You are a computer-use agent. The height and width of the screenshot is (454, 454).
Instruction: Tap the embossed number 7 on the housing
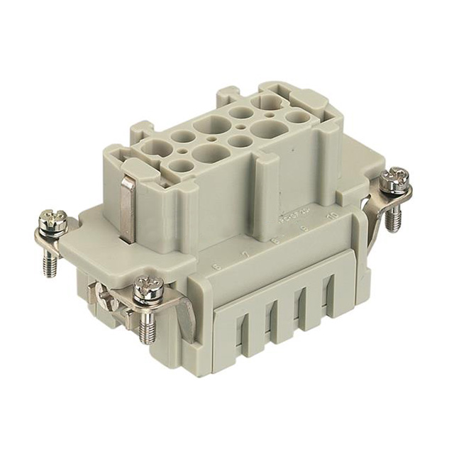click(x=245, y=253)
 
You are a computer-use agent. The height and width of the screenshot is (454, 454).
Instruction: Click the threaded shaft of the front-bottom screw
click(x=147, y=328)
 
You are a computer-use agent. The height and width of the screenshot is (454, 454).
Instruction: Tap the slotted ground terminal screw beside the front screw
click(x=106, y=298)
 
